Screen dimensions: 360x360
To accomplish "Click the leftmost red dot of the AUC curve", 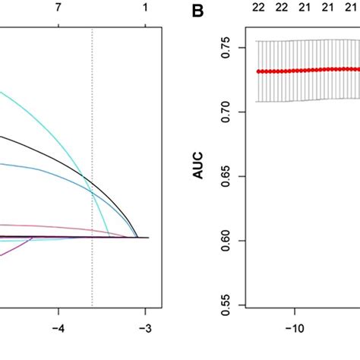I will click(x=259, y=71).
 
